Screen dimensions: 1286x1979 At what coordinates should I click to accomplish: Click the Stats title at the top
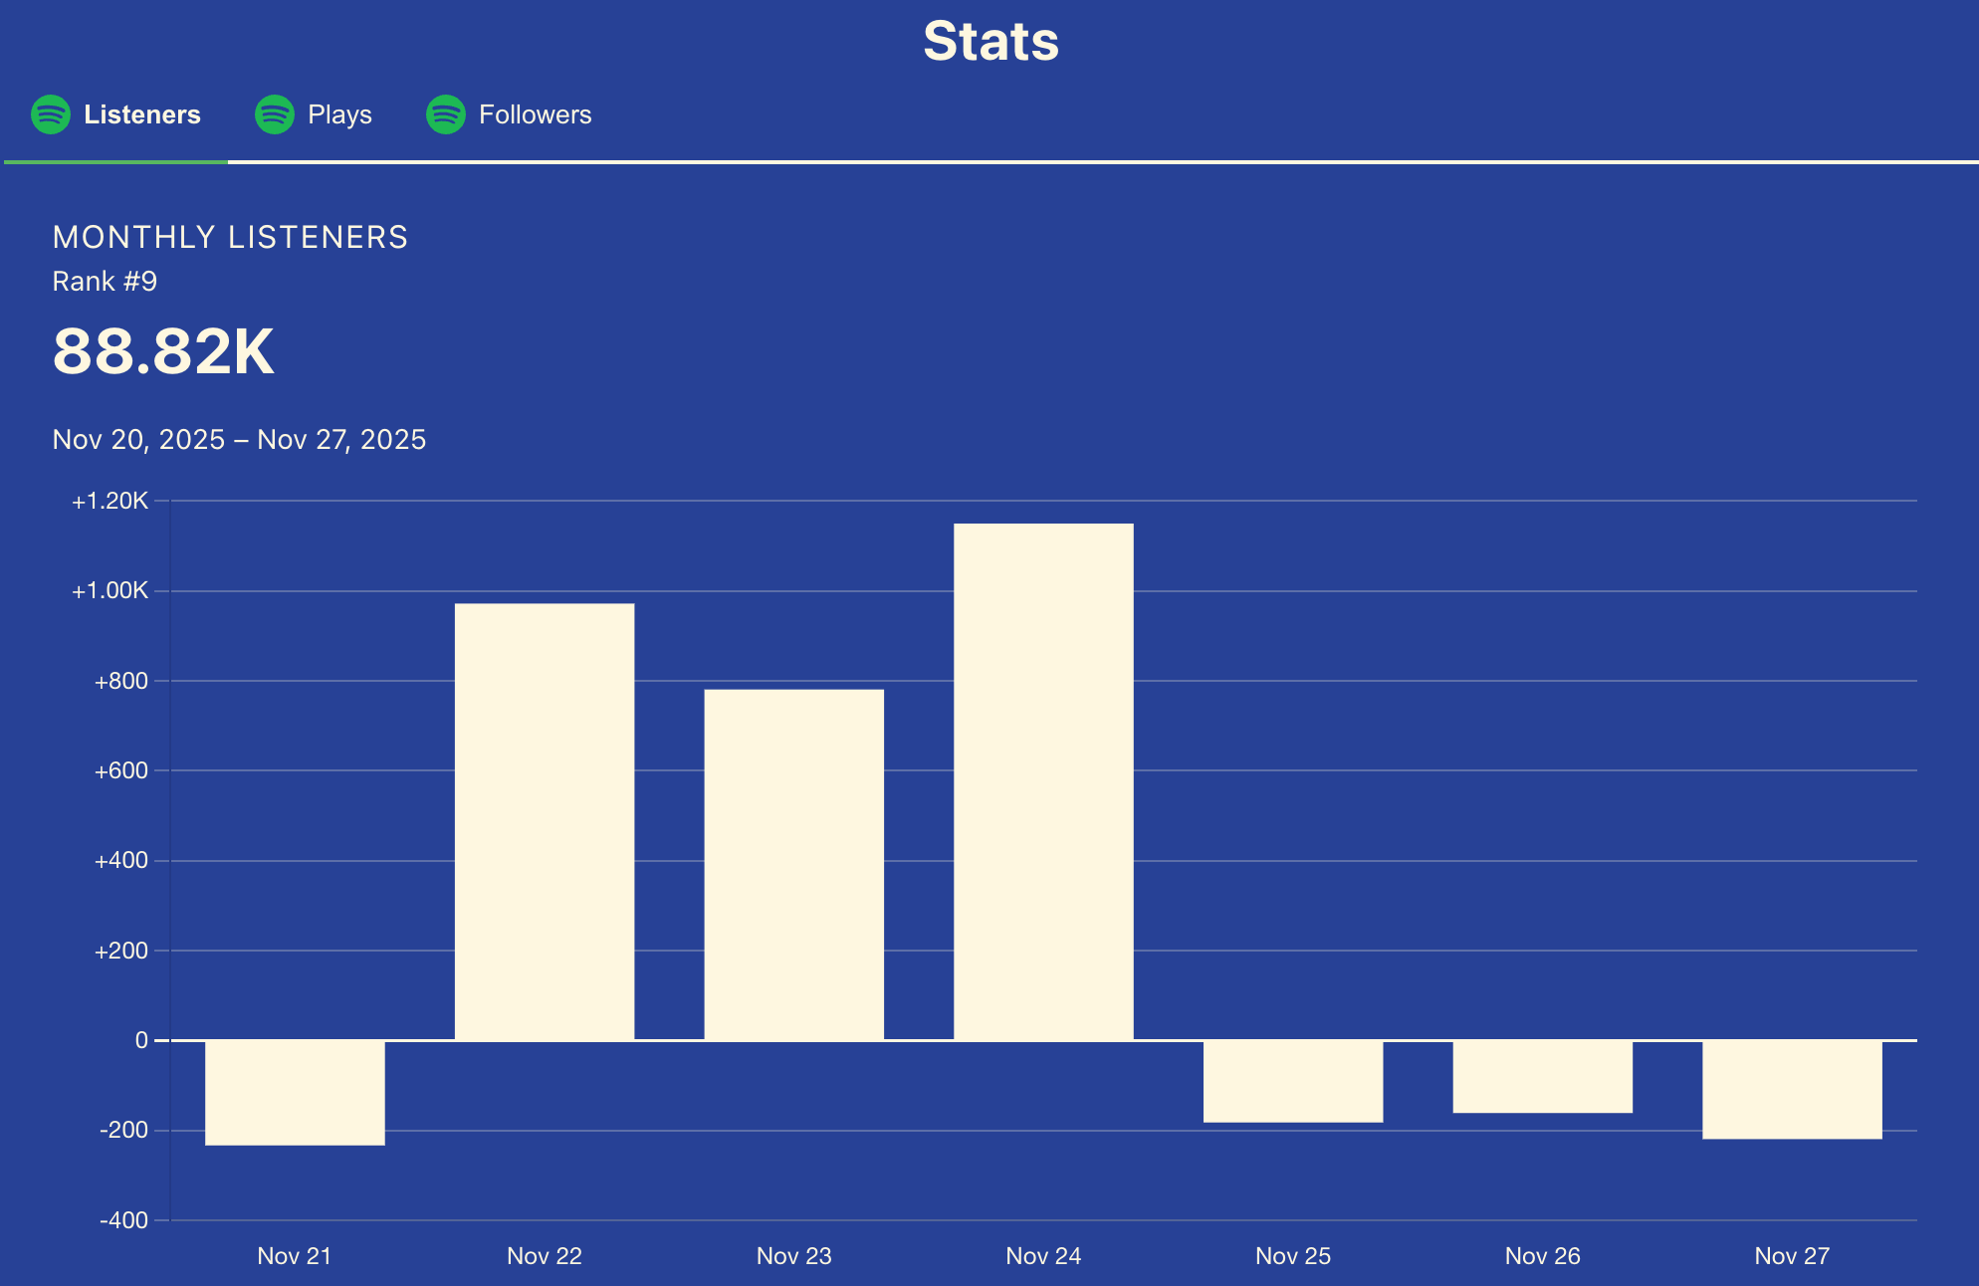990,42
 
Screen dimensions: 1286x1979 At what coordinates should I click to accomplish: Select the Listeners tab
141,114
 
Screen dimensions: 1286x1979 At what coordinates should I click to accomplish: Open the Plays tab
339,114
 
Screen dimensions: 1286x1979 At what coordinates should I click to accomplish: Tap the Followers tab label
535,114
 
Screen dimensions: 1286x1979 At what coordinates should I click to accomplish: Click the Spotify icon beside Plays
275,114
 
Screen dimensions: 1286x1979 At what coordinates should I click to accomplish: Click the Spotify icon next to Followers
446,114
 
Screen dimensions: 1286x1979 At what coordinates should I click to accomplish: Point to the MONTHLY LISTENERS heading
230,237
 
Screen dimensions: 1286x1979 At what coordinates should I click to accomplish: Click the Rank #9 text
105,282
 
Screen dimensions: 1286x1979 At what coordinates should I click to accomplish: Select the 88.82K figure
163,351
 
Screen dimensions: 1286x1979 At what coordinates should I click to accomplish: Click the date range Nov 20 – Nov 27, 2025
239,439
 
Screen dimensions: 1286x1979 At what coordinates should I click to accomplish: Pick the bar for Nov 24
1043,781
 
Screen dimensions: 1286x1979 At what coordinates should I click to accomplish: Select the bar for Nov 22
545,821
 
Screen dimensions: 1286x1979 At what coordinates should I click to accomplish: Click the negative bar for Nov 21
295,1093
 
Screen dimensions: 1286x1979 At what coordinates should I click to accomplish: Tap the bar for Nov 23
793,864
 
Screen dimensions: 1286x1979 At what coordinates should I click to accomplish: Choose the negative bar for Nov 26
1542,1077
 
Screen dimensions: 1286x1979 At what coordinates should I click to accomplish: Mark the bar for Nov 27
1792,1090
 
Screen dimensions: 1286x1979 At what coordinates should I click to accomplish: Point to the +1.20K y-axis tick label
110,501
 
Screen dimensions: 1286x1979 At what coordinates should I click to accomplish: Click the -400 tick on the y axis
123,1220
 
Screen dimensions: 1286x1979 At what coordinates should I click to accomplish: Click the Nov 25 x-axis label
1292,1256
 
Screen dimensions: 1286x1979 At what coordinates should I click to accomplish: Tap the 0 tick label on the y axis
141,1040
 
